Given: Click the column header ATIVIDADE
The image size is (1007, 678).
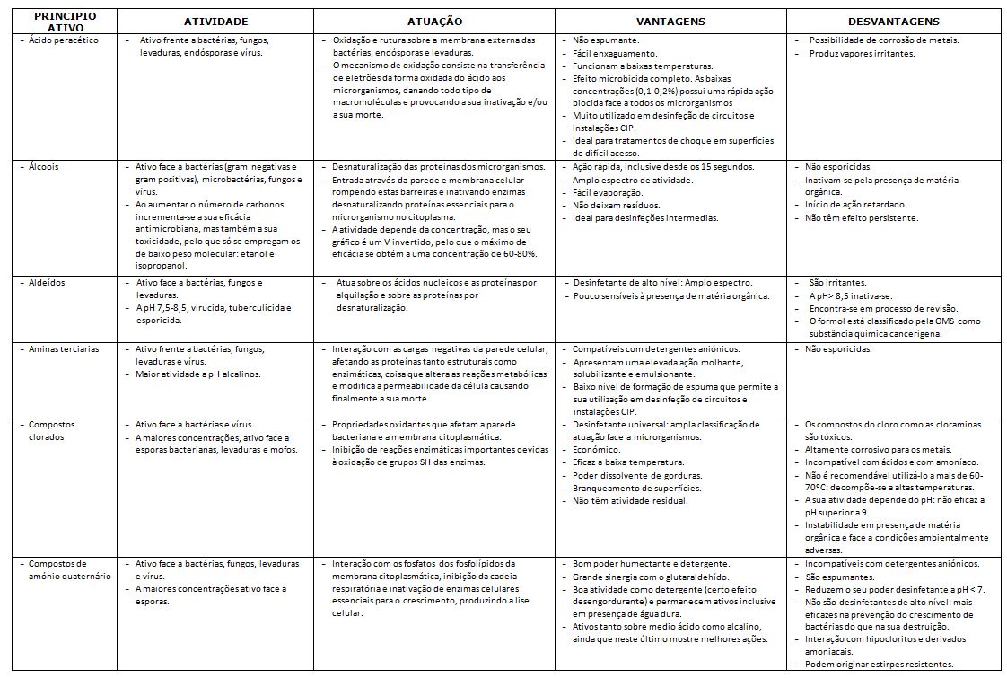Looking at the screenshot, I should click(x=215, y=21).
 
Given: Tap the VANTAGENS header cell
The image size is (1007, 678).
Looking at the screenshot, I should click(x=670, y=21).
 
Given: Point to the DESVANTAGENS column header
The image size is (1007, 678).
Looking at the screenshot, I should click(x=893, y=21).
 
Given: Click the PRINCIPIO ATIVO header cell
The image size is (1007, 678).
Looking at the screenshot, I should click(x=58, y=22).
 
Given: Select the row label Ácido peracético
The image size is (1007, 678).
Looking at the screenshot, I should click(x=68, y=40).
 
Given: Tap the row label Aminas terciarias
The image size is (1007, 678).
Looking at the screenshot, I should click(x=64, y=348).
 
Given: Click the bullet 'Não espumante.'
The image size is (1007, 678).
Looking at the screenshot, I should click(x=606, y=40).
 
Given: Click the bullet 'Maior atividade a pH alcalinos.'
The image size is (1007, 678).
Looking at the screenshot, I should click(x=197, y=374).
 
